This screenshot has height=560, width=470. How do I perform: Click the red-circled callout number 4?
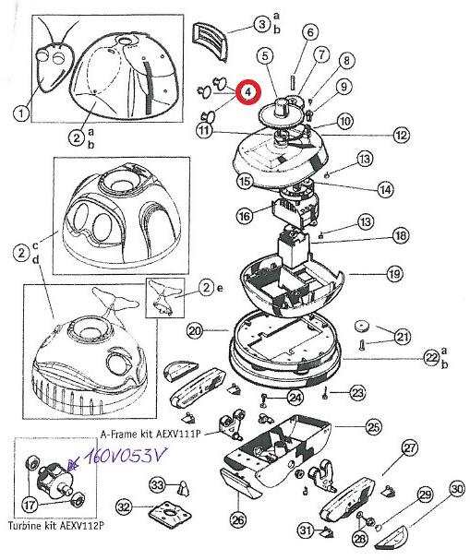tap(248, 91)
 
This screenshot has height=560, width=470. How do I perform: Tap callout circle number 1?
tap(21, 113)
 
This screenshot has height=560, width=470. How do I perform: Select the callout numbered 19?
tap(394, 274)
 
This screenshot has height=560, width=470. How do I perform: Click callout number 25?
tap(373, 426)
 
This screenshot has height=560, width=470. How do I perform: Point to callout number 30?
tap(457, 490)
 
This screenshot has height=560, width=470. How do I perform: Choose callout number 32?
tap(124, 506)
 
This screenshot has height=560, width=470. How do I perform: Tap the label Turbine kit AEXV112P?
tap(56, 525)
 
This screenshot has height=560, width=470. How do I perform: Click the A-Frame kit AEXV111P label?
tap(151, 434)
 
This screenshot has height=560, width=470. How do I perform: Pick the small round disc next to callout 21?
tap(362, 326)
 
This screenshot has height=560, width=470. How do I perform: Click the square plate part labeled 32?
tap(170, 513)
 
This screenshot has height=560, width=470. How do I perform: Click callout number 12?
tap(402, 135)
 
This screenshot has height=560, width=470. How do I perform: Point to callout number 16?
tap(245, 216)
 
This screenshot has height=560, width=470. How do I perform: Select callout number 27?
tap(410, 447)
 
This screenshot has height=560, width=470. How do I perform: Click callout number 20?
tap(195, 331)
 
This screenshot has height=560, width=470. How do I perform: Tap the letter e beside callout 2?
tap(219, 288)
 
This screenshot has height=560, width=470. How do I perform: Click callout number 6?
tap(310, 31)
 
